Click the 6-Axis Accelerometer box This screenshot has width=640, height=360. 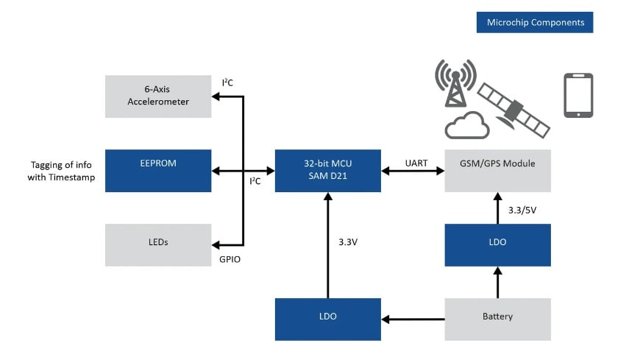point(158,96)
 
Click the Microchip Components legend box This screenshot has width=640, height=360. point(535,22)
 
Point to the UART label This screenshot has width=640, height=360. point(416,163)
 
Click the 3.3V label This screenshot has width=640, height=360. point(349,241)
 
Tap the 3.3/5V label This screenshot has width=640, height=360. point(522,210)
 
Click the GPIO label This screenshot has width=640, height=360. point(230,259)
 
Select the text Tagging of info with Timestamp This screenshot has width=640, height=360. point(63,171)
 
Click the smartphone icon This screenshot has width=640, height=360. point(578,95)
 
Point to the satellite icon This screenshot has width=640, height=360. point(513,108)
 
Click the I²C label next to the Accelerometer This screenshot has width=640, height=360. point(228,82)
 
